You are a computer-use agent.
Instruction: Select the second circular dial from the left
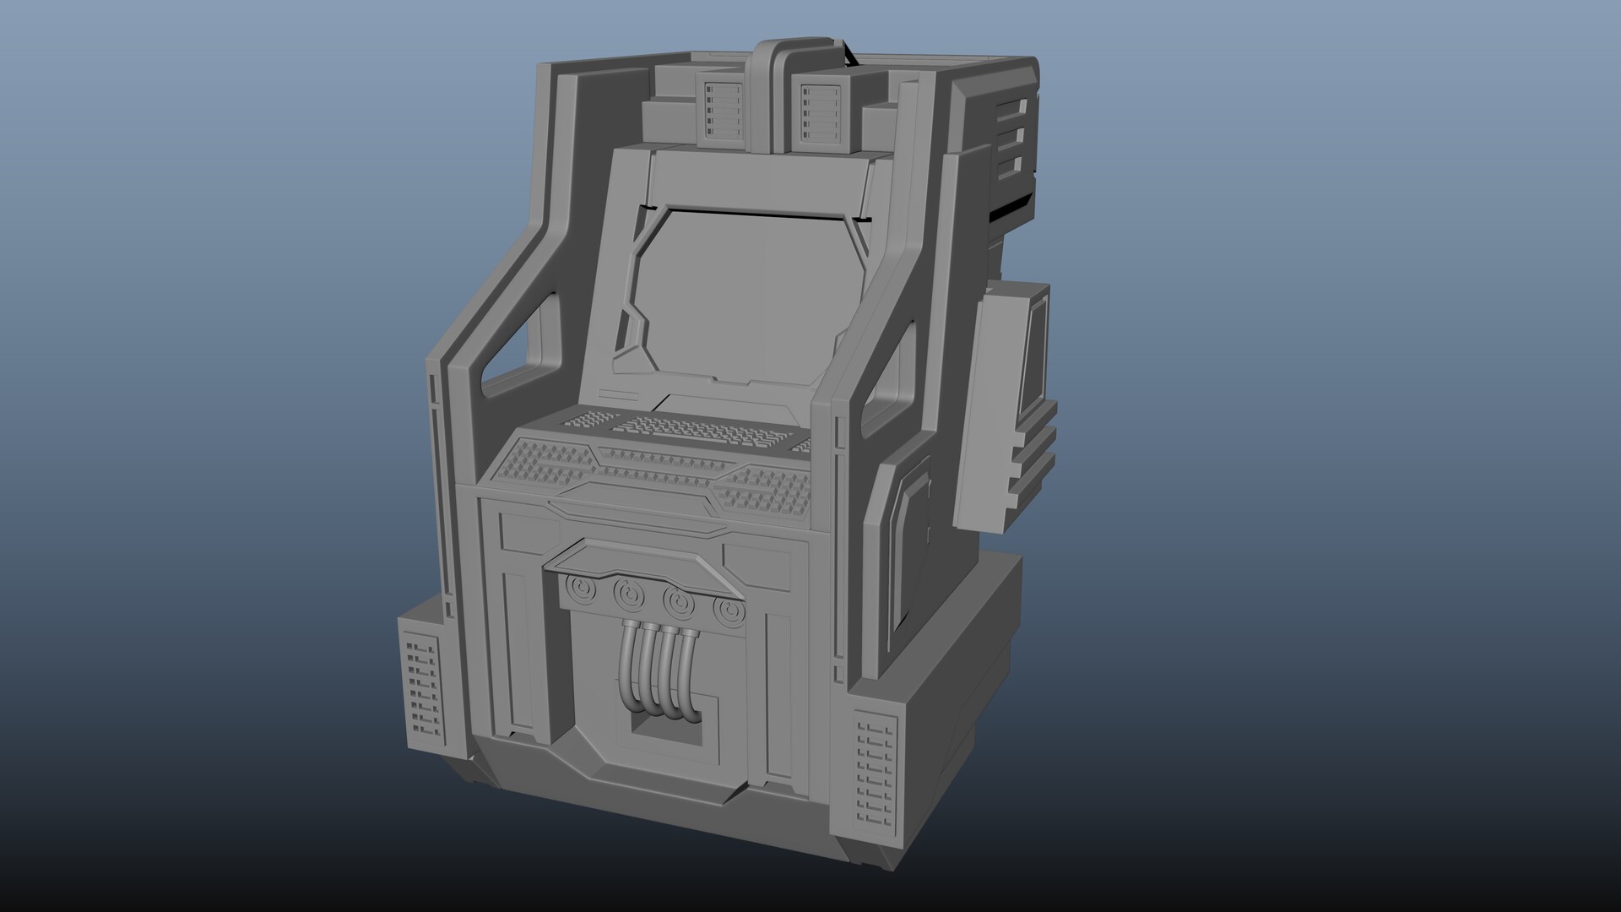(626, 594)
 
